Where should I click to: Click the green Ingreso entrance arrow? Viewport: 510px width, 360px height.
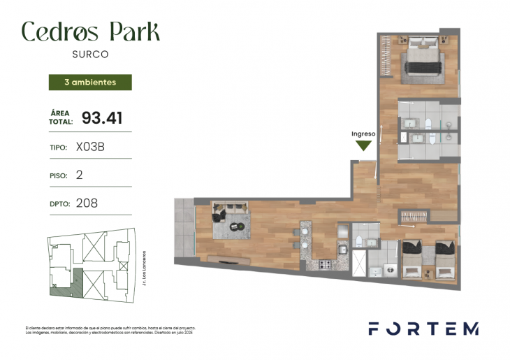[x=363, y=145]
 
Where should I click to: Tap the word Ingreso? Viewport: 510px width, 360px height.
[x=363, y=134]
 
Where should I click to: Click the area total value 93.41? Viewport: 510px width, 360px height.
[x=102, y=118]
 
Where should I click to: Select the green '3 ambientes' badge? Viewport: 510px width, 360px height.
[x=89, y=82]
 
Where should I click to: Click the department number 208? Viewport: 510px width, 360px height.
[x=87, y=203]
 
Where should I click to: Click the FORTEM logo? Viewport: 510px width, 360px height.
[x=423, y=329]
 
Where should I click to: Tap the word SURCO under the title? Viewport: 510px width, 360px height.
[x=90, y=53]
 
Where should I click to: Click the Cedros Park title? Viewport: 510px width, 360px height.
[x=90, y=31]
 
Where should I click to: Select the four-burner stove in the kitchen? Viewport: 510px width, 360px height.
[x=324, y=265]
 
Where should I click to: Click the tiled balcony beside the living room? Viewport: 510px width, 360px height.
[x=184, y=227]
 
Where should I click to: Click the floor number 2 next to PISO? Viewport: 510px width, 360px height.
[x=79, y=175]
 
